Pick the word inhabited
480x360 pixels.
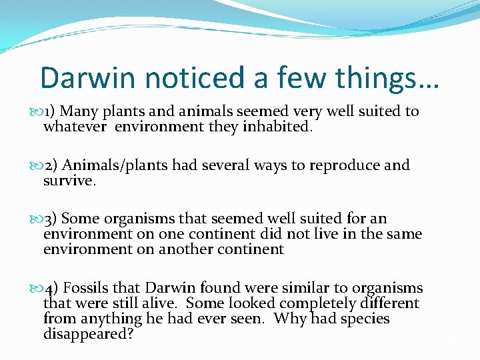277,127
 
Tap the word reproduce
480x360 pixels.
345,165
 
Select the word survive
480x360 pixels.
68,180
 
